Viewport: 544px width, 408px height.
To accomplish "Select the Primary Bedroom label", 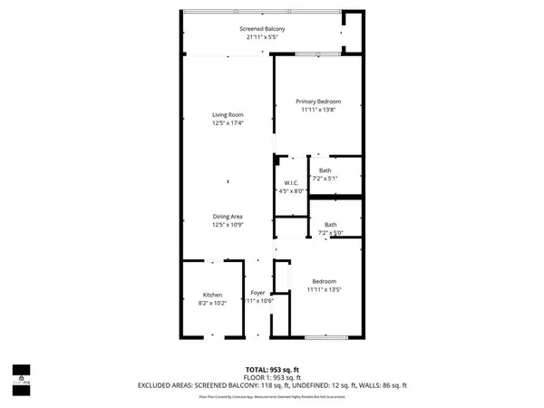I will pyautogui.click(x=318, y=102).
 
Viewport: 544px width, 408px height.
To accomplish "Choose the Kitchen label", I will pyautogui.click(x=212, y=295).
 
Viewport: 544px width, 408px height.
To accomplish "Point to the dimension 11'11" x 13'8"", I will pyautogui.click(x=318, y=110).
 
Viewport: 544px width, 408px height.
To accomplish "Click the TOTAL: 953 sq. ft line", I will pyautogui.click(x=272, y=369).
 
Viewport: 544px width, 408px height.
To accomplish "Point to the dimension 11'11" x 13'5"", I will pyautogui.click(x=324, y=289).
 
